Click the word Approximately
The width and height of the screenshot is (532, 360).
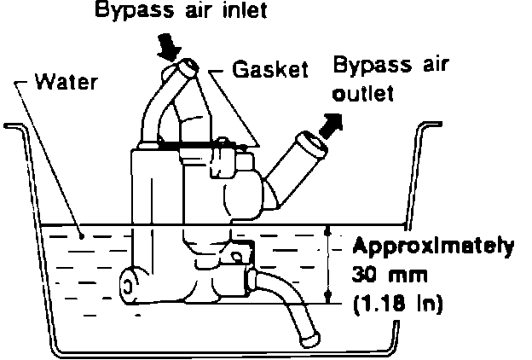click(x=434, y=248)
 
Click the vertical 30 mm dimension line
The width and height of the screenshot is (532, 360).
click(x=328, y=264)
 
